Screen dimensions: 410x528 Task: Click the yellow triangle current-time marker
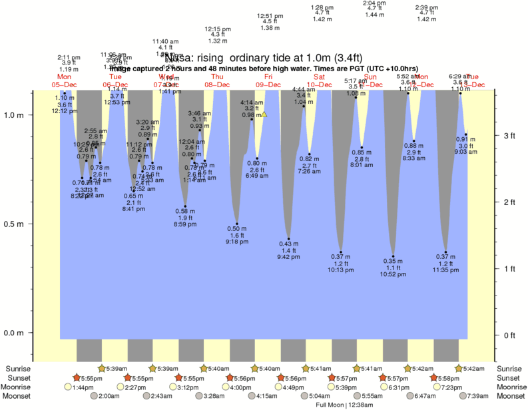[x=264, y=114]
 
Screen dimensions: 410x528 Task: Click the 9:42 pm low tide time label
[x=288, y=257]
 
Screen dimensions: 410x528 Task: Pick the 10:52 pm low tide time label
[x=393, y=274]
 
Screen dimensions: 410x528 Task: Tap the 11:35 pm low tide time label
[x=445, y=271]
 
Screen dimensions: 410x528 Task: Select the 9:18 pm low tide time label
[x=237, y=242]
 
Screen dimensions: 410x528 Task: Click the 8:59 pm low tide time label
[x=184, y=224]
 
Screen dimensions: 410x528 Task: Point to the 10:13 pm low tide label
[x=340, y=270]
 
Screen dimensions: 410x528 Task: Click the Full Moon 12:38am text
[x=340, y=404]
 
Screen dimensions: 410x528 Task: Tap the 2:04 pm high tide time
[x=374, y=3]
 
